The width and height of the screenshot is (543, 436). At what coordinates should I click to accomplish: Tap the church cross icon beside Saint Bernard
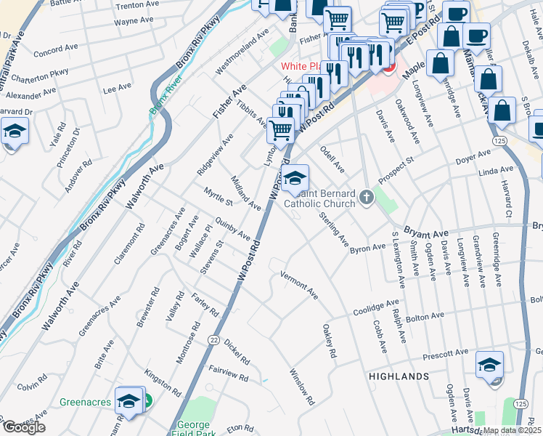[367, 196]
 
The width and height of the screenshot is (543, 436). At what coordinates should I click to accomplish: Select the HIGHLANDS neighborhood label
[399, 376]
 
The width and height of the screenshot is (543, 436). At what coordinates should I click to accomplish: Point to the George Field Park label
[193, 429]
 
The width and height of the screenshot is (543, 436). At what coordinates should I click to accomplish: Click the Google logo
[24, 427]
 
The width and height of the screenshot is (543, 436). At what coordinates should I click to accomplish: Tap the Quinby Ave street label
[233, 231]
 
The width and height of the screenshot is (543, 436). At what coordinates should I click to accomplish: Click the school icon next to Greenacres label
[128, 401]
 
